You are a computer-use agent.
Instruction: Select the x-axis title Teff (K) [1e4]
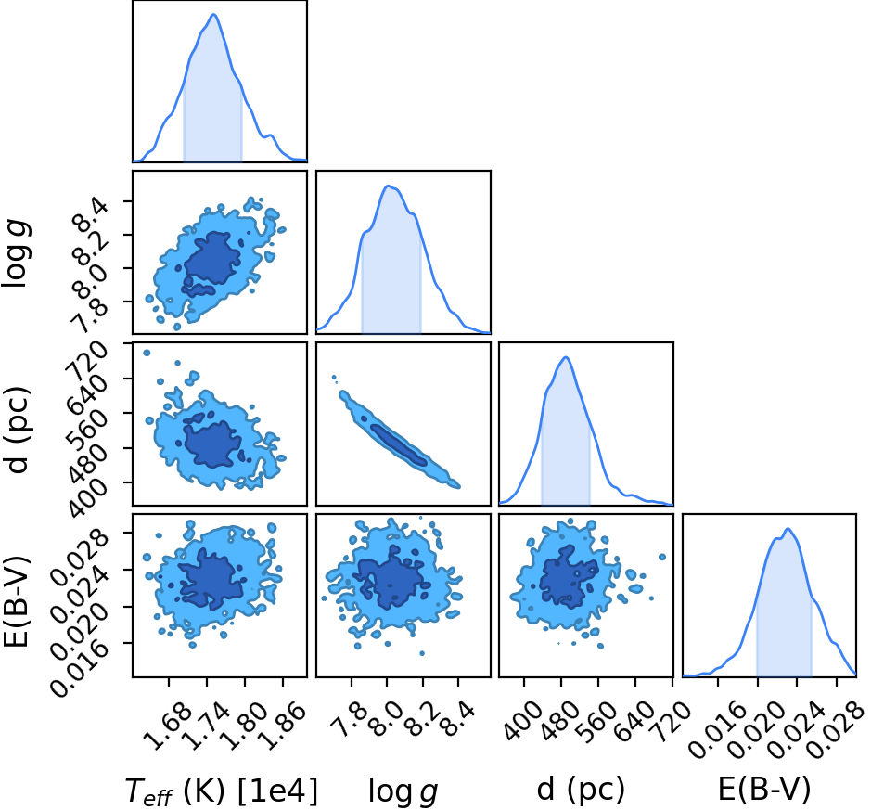[222, 791]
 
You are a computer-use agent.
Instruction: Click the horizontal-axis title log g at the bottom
[403, 791]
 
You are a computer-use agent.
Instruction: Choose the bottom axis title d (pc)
[581, 789]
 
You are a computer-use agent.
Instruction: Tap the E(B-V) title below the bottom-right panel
[763, 789]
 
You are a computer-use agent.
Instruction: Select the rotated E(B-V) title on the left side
[16, 601]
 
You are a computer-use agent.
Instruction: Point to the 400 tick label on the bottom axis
[524, 721]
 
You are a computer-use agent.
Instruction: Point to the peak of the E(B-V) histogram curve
[788, 529]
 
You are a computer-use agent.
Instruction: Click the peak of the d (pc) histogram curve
[566, 357]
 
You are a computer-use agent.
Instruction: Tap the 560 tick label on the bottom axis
[597, 721]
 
